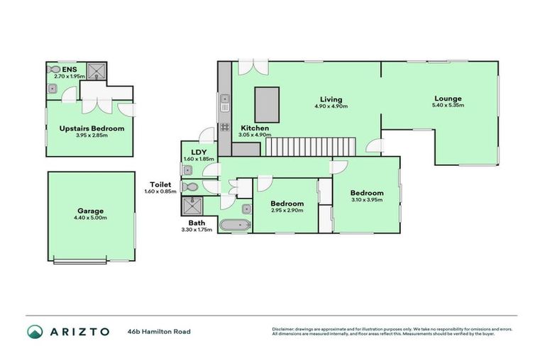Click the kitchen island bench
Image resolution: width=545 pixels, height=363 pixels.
268,105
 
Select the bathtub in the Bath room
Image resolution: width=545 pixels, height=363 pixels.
235,225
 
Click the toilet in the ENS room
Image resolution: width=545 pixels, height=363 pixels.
55,69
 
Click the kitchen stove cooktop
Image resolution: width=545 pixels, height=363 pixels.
224,128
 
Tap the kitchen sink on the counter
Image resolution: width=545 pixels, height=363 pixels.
224,103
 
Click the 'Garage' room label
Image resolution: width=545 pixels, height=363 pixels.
91,211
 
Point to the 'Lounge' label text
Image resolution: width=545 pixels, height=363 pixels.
448,99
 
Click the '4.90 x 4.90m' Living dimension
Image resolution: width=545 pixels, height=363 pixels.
331,107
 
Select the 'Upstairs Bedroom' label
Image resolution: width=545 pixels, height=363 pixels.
92,128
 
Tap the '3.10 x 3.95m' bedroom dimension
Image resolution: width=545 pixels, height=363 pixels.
366,200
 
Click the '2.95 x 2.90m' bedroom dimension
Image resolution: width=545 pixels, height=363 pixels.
287,211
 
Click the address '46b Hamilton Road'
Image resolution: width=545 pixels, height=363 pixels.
159,331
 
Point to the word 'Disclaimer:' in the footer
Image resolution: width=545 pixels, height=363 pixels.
285,328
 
